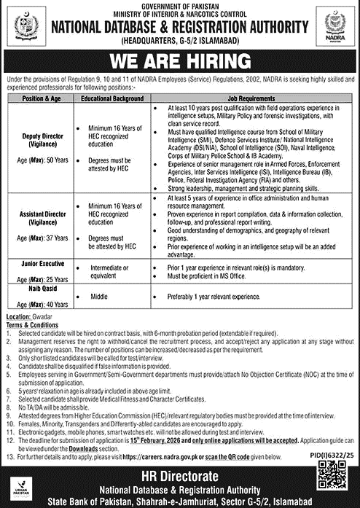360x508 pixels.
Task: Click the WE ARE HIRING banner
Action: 180,58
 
